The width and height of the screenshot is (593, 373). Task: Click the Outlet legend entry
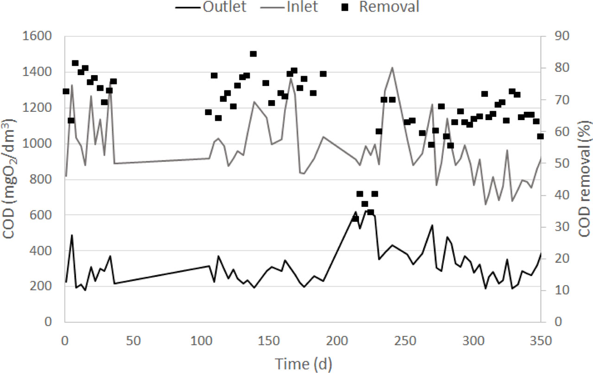click(x=225, y=6)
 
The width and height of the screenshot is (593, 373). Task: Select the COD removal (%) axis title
click(x=585, y=179)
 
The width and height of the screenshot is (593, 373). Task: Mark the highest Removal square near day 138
click(x=253, y=54)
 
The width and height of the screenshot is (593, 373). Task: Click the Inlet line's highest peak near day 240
click(x=392, y=67)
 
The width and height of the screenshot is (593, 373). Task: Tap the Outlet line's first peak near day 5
click(x=72, y=235)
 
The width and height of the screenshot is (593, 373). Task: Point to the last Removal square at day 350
click(x=540, y=136)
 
